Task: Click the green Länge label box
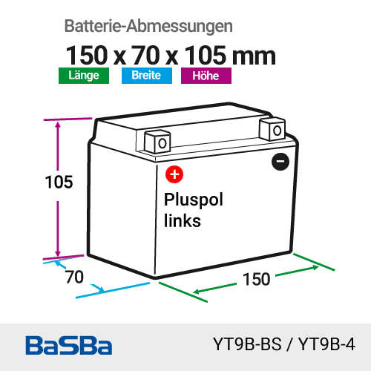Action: tap(84, 76)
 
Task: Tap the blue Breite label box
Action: tap(147, 76)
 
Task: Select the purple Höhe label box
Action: tap(206, 76)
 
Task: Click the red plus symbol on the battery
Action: tap(174, 174)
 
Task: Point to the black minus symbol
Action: tap(280, 162)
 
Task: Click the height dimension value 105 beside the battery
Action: tap(59, 183)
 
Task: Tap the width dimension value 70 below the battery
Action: tap(74, 277)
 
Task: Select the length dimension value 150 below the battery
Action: tap(257, 279)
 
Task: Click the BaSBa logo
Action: tap(69, 345)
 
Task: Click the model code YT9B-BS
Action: tap(247, 344)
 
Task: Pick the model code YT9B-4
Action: tap(326, 344)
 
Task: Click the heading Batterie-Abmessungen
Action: tap(148, 26)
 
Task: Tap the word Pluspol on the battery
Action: tap(194, 200)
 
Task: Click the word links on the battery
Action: tap(183, 220)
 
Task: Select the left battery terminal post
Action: tap(157, 142)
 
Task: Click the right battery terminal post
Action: tap(272, 129)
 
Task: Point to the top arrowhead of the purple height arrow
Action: tap(58, 125)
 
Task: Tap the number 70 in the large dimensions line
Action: tap(145, 55)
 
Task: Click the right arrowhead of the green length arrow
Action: tap(315, 268)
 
